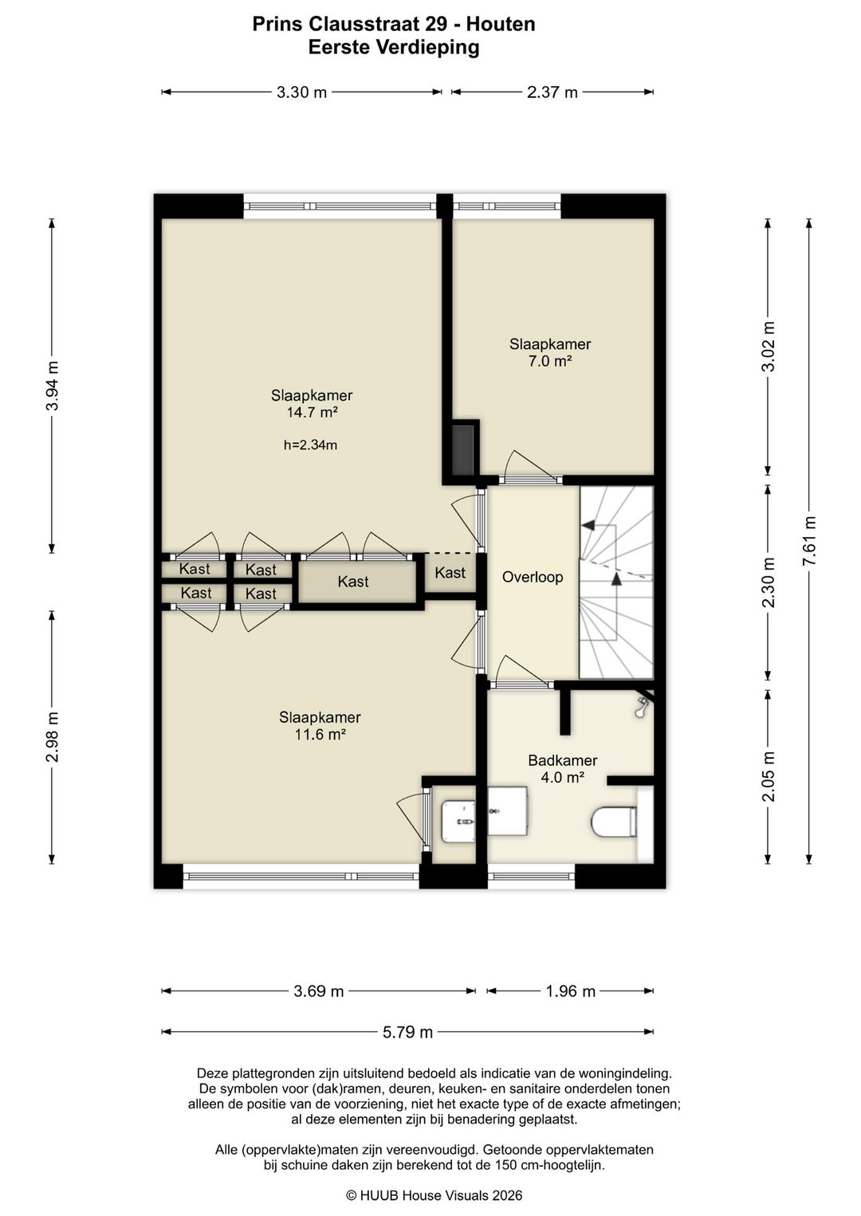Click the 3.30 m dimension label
[x=301, y=92]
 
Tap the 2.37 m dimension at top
[x=552, y=92]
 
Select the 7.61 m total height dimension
[x=809, y=540]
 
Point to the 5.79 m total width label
[x=407, y=1032]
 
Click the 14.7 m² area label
[x=313, y=412]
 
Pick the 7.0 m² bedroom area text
[x=550, y=361]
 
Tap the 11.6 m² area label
[x=320, y=735]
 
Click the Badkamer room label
[x=563, y=760]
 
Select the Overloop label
[x=533, y=577]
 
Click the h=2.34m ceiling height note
[x=310, y=445]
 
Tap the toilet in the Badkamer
[x=615, y=822]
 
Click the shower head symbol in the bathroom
[x=643, y=706]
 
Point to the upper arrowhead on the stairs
[x=588, y=525]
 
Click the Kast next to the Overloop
[x=450, y=573]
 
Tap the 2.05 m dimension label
[x=768, y=777]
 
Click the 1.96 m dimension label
[x=570, y=991]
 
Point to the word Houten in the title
[x=501, y=24]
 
